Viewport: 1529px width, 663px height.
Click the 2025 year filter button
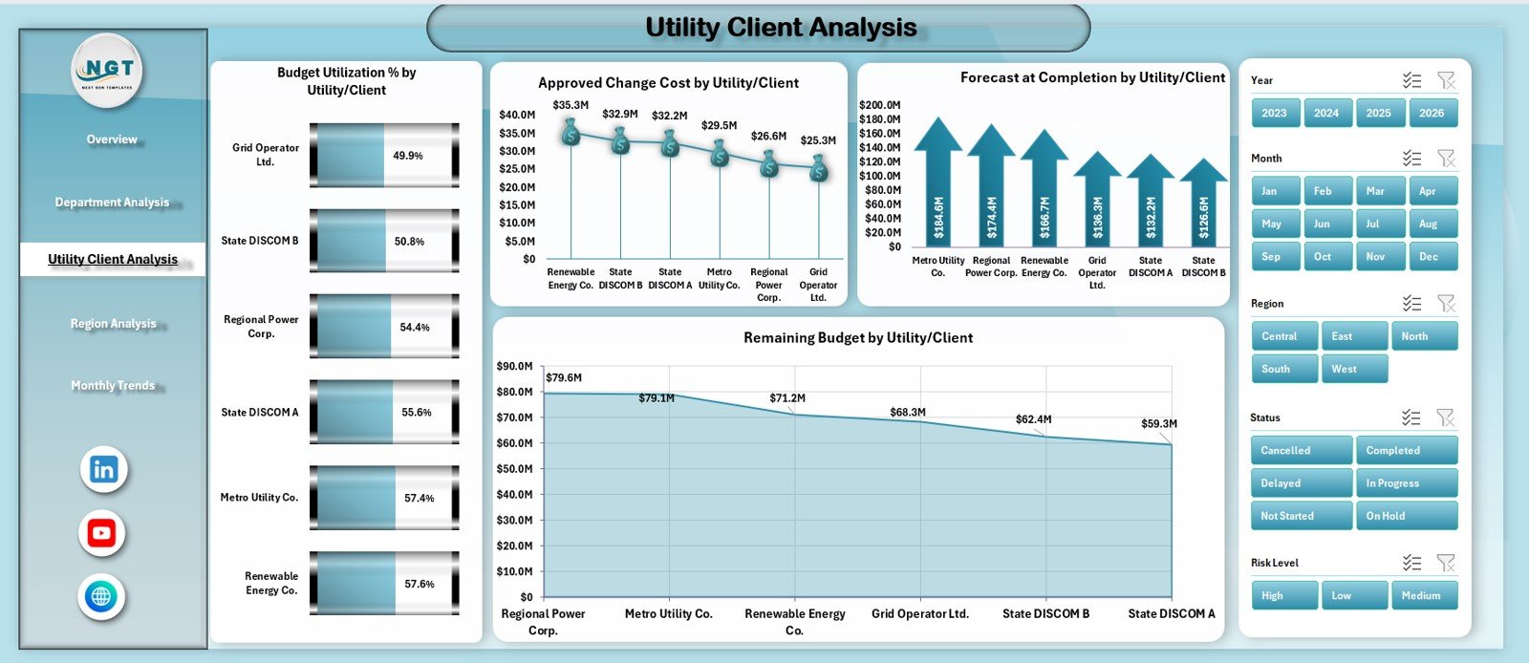coord(1378,113)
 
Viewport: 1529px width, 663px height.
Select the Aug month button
coord(1432,224)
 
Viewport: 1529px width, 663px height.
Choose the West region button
coord(1353,369)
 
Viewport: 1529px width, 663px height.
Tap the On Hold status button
coord(1406,516)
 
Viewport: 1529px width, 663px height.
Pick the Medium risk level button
coord(1424,595)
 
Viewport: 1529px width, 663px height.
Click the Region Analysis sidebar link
coord(113,324)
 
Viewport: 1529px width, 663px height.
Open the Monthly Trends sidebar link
coord(113,386)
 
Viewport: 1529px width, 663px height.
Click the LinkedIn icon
coord(103,469)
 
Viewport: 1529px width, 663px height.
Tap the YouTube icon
coord(102,533)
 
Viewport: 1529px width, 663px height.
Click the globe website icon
coord(101,597)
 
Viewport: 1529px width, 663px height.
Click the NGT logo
coord(108,70)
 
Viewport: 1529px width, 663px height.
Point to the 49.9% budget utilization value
coord(407,156)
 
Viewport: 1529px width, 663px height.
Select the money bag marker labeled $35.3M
coord(571,133)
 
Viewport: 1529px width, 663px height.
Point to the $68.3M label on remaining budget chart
coord(907,413)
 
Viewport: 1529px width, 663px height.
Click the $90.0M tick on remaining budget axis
coord(514,366)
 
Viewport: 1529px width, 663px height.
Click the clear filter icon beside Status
coord(1445,417)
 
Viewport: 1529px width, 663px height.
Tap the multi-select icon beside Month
coord(1411,159)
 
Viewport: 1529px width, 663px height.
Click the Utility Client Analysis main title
coord(780,28)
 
